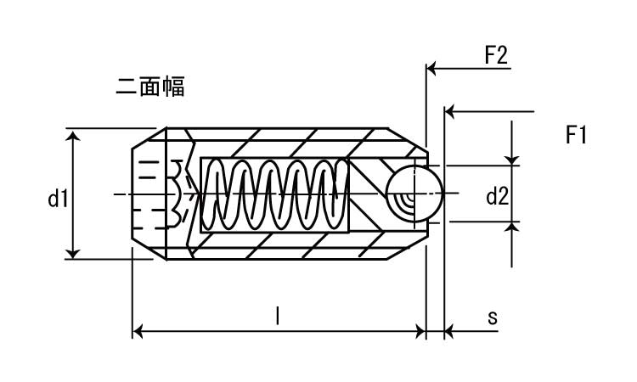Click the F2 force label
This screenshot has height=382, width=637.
(x=495, y=57)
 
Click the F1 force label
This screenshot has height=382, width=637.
(x=576, y=134)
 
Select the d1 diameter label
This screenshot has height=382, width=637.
(x=58, y=199)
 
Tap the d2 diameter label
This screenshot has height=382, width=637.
(x=497, y=198)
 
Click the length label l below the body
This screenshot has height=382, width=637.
(x=278, y=316)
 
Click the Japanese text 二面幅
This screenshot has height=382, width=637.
(x=149, y=86)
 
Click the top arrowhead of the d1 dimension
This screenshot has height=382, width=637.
(x=73, y=135)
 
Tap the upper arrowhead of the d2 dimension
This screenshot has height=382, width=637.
(x=512, y=160)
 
